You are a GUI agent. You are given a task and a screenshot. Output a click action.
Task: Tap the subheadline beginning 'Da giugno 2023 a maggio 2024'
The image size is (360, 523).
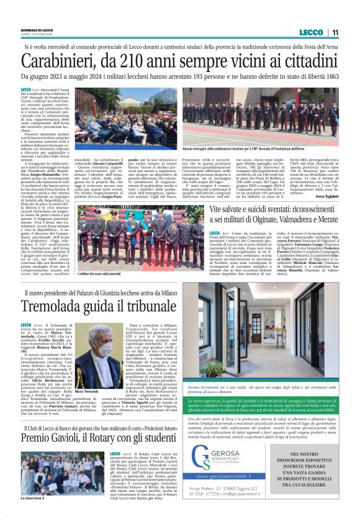pos(180,80)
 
